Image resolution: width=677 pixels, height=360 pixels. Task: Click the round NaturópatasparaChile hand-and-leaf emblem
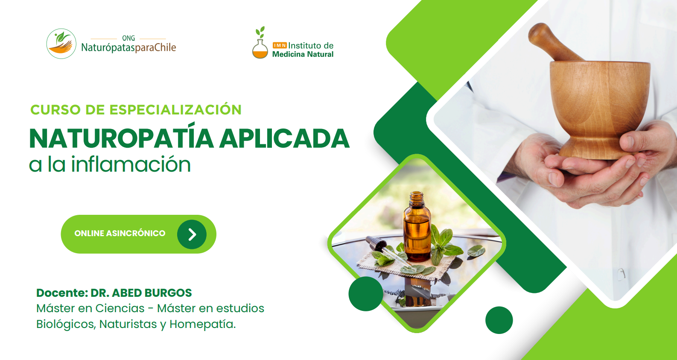[x=61, y=44]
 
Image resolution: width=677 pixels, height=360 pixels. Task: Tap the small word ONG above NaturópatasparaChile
[x=128, y=38]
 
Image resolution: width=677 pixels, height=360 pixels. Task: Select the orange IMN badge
[x=280, y=45]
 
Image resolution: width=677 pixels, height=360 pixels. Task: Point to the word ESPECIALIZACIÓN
[x=175, y=109]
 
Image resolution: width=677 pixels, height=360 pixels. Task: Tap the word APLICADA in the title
[x=285, y=138]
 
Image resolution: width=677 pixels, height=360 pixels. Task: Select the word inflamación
[x=131, y=164]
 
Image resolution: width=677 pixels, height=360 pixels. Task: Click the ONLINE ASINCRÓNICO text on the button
[x=120, y=233]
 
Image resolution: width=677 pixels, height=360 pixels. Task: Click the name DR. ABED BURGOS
[x=141, y=293]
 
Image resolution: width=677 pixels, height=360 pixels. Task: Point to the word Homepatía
[x=202, y=324]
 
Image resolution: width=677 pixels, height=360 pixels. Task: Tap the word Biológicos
[x=66, y=324]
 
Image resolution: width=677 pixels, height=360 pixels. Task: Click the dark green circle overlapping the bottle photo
[x=366, y=293]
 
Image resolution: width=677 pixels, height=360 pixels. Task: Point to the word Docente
[x=62, y=293]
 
